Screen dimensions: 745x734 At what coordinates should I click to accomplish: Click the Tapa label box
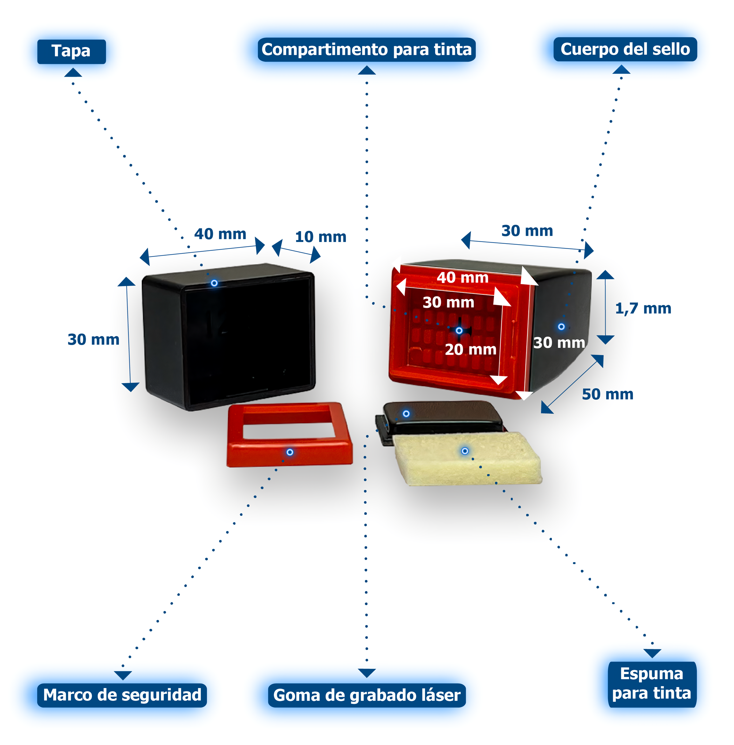click(x=71, y=51)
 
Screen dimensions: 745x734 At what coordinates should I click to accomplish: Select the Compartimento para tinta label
click(x=367, y=50)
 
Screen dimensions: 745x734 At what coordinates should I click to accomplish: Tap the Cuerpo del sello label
click(x=625, y=49)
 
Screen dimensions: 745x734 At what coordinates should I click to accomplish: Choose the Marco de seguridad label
click(x=122, y=695)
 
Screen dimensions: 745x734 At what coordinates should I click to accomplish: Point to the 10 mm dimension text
click(x=320, y=237)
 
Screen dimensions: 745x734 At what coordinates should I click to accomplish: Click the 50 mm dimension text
click(x=607, y=394)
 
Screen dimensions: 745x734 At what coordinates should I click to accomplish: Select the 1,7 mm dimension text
click(x=643, y=308)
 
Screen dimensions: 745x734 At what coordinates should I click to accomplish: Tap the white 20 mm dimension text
click(x=470, y=349)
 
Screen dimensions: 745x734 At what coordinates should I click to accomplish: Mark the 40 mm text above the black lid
click(x=220, y=234)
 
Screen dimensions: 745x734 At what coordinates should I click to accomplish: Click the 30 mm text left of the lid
click(x=93, y=339)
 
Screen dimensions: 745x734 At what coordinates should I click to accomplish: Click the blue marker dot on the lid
click(x=214, y=283)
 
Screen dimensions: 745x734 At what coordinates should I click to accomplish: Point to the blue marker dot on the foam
click(x=465, y=451)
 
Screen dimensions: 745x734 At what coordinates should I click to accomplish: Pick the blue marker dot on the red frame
click(x=290, y=452)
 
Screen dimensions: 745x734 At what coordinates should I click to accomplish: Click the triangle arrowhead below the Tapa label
click(x=72, y=72)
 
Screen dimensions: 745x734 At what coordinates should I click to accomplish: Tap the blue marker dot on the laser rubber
click(x=406, y=413)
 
